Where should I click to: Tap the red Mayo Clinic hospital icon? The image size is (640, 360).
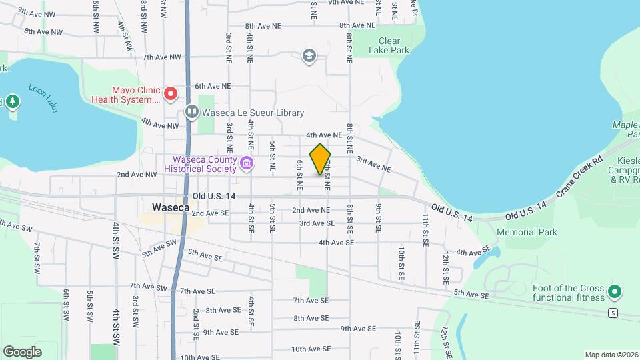[170, 94]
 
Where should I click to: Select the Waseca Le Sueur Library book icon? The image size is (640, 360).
[192, 113]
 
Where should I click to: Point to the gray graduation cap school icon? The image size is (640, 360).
[309, 56]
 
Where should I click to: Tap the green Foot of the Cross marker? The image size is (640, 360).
[615, 291]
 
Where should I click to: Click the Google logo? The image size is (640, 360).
[22, 351]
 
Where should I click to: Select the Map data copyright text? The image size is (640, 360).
[611, 355]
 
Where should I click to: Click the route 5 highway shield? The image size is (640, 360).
[612, 312]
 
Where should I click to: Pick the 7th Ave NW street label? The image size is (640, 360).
[162, 57]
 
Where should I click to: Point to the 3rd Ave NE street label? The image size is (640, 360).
[373, 160]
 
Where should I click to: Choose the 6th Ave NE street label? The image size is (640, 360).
[213, 86]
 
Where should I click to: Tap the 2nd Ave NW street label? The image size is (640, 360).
[137, 174]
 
